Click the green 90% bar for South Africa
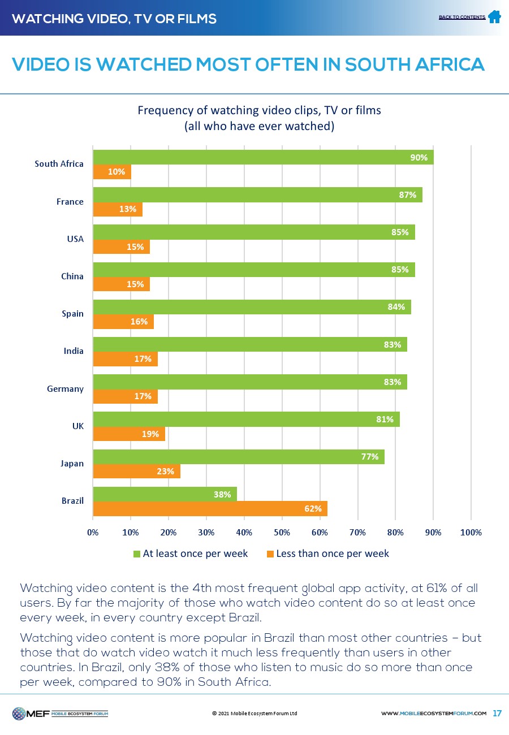263,157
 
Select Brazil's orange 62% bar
210,508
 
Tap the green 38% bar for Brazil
165,494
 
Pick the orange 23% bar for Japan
136,471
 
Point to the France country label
70,202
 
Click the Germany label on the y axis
65,389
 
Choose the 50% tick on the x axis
282,533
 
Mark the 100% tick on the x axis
471,533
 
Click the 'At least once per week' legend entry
191,554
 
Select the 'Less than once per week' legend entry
327,554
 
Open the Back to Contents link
461,18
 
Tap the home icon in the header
494,17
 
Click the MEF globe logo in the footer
19,714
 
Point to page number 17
497,713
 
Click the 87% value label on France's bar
407,195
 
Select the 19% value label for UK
150,434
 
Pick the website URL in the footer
434,714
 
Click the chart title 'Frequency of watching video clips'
260,111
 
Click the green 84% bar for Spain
252,307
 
